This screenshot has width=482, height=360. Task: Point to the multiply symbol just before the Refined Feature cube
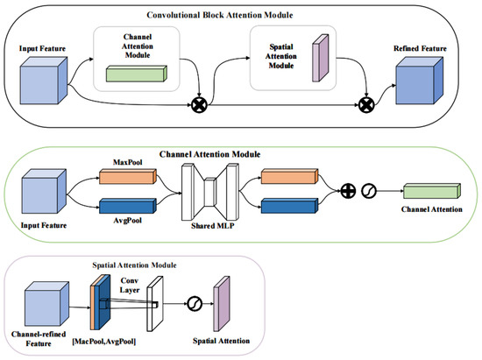click(366, 104)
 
